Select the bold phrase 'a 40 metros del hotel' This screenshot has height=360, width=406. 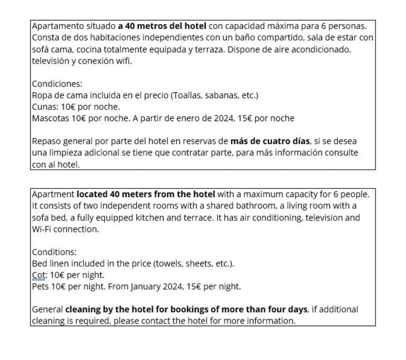pos(162,26)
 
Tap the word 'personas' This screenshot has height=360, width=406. pos(347,26)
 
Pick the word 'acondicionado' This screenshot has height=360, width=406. pos(320,49)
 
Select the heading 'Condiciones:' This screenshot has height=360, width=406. pos(57,84)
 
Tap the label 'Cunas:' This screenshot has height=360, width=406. pos(45,107)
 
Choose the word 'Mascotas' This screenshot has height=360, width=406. pos(51,118)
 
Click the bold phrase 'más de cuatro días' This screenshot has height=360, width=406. pos(270,141)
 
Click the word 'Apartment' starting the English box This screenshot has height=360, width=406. pos(53,194)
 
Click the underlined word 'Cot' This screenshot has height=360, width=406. pos(38,275)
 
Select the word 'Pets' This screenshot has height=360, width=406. pos(40,286)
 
